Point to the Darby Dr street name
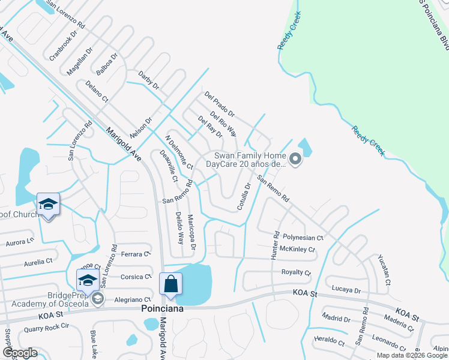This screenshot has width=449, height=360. click(x=148, y=80)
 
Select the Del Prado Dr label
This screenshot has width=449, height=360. click(x=219, y=104)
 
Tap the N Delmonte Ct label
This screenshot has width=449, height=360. click(x=179, y=152)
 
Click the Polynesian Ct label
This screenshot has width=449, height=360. click(x=303, y=238)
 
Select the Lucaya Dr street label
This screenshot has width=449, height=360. click(x=345, y=290)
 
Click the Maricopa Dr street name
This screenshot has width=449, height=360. click(x=191, y=232)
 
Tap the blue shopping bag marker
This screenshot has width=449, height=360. click(x=170, y=284)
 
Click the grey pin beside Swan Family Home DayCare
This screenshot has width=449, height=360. click(x=295, y=159)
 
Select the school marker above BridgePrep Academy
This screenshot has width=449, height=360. click(x=88, y=280)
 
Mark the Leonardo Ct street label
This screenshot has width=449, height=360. click(x=389, y=344)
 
